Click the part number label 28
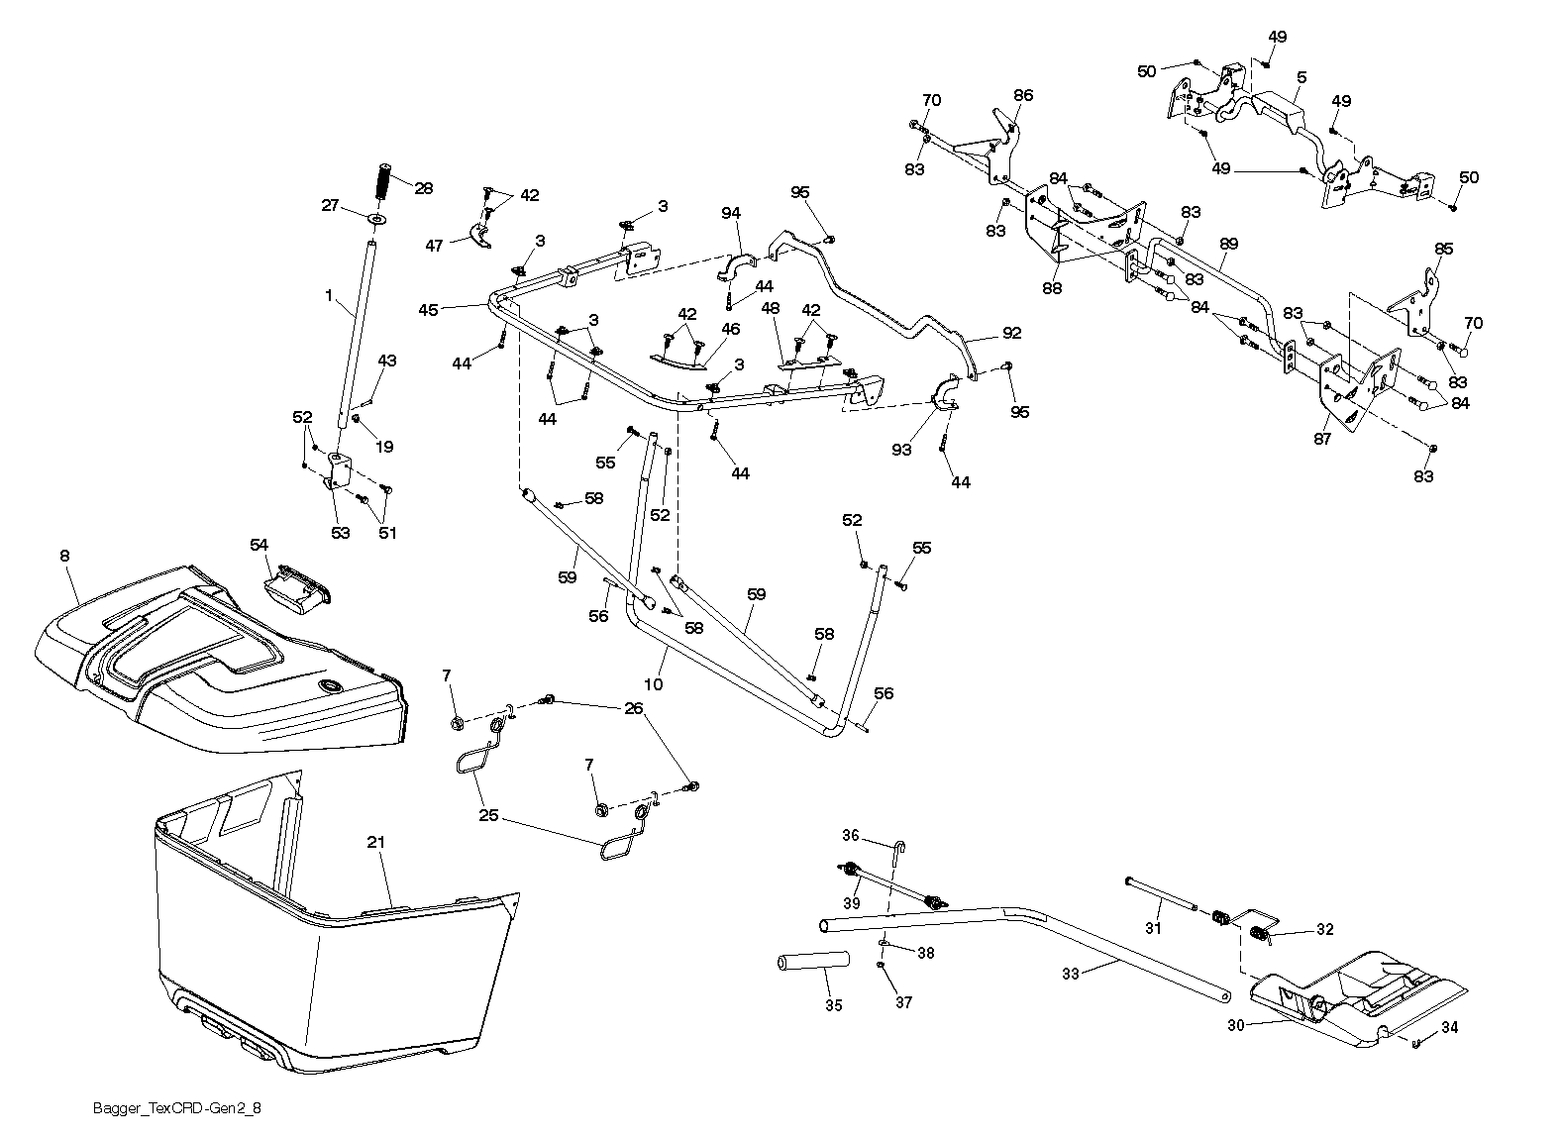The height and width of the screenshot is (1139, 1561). pos(424,188)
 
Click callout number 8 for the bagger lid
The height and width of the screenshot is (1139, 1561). pos(65,557)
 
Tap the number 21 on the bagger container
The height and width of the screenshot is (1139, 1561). pos(375,842)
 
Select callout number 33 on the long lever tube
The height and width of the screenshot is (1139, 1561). pos(1071,974)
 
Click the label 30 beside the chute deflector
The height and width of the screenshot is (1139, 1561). pos(1235,1026)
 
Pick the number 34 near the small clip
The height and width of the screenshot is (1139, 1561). pos(1449,1027)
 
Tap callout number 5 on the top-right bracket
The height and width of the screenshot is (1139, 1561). pos(1301,77)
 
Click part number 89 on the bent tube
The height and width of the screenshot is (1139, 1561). pos(1228,243)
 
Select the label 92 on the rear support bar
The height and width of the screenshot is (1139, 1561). pos(1011,333)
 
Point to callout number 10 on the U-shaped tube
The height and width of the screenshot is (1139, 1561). pos(653,684)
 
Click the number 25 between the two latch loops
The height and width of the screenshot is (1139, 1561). pos(490,818)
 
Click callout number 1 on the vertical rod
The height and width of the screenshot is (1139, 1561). pos(328,294)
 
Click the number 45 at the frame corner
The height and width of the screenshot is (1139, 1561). pos(428,310)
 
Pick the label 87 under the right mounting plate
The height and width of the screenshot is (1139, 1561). pos(1323,439)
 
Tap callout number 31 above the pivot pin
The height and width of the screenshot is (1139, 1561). pos(1153,928)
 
